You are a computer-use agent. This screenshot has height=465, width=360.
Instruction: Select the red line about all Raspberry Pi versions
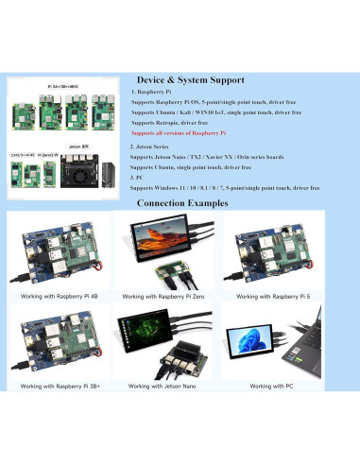185,134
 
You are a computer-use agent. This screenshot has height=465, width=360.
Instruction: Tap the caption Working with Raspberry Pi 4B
58,297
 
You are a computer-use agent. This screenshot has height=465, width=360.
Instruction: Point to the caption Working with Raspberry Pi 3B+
58,386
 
